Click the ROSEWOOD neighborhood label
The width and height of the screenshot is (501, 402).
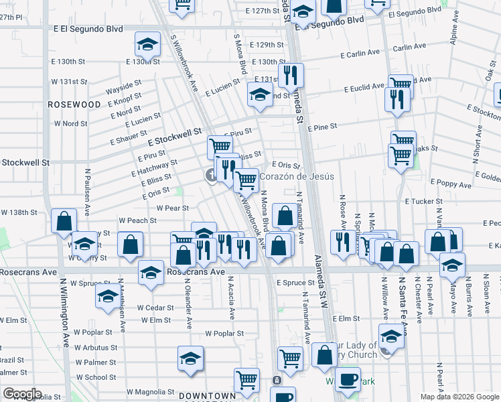tap(74, 105)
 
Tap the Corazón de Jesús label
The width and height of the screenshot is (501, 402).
tap(291, 177)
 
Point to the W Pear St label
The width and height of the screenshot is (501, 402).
tap(173, 208)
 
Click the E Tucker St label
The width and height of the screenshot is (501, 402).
tap(421, 201)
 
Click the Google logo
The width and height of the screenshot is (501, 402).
tap(22, 394)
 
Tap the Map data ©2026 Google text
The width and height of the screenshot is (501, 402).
tap(459, 397)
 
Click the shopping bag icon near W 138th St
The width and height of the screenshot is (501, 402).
tap(64, 222)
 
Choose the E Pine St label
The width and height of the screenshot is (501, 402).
tap(321, 127)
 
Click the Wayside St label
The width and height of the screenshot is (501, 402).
tap(123, 88)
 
